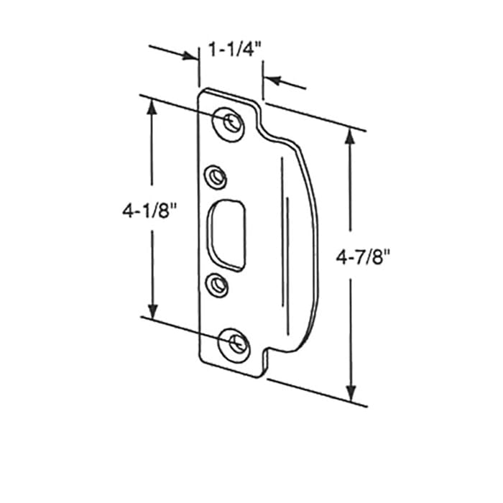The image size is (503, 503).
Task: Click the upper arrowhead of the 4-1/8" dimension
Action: click(152, 106)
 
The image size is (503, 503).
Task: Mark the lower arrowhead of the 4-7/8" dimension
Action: click(351, 394)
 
